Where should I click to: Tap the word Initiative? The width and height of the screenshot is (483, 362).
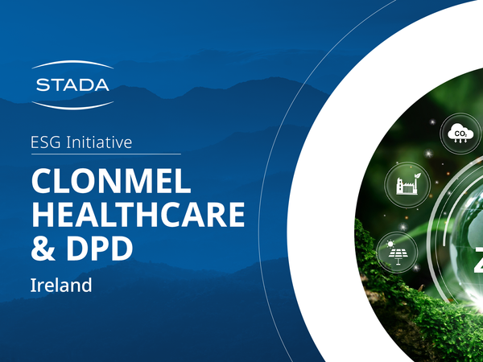pos(101,142)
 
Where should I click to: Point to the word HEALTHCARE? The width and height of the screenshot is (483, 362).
pos(137,214)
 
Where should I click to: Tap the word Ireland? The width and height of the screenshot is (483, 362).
pos(62,284)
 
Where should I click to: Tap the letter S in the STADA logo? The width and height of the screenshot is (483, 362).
pos(43,84)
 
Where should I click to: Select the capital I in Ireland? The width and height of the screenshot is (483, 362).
pos(33,284)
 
